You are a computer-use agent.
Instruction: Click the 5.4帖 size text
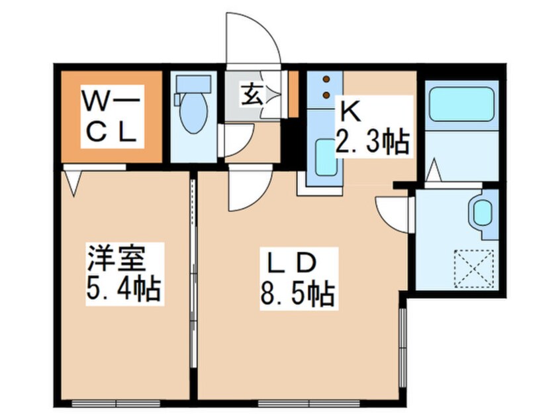click(x=124, y=289)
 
